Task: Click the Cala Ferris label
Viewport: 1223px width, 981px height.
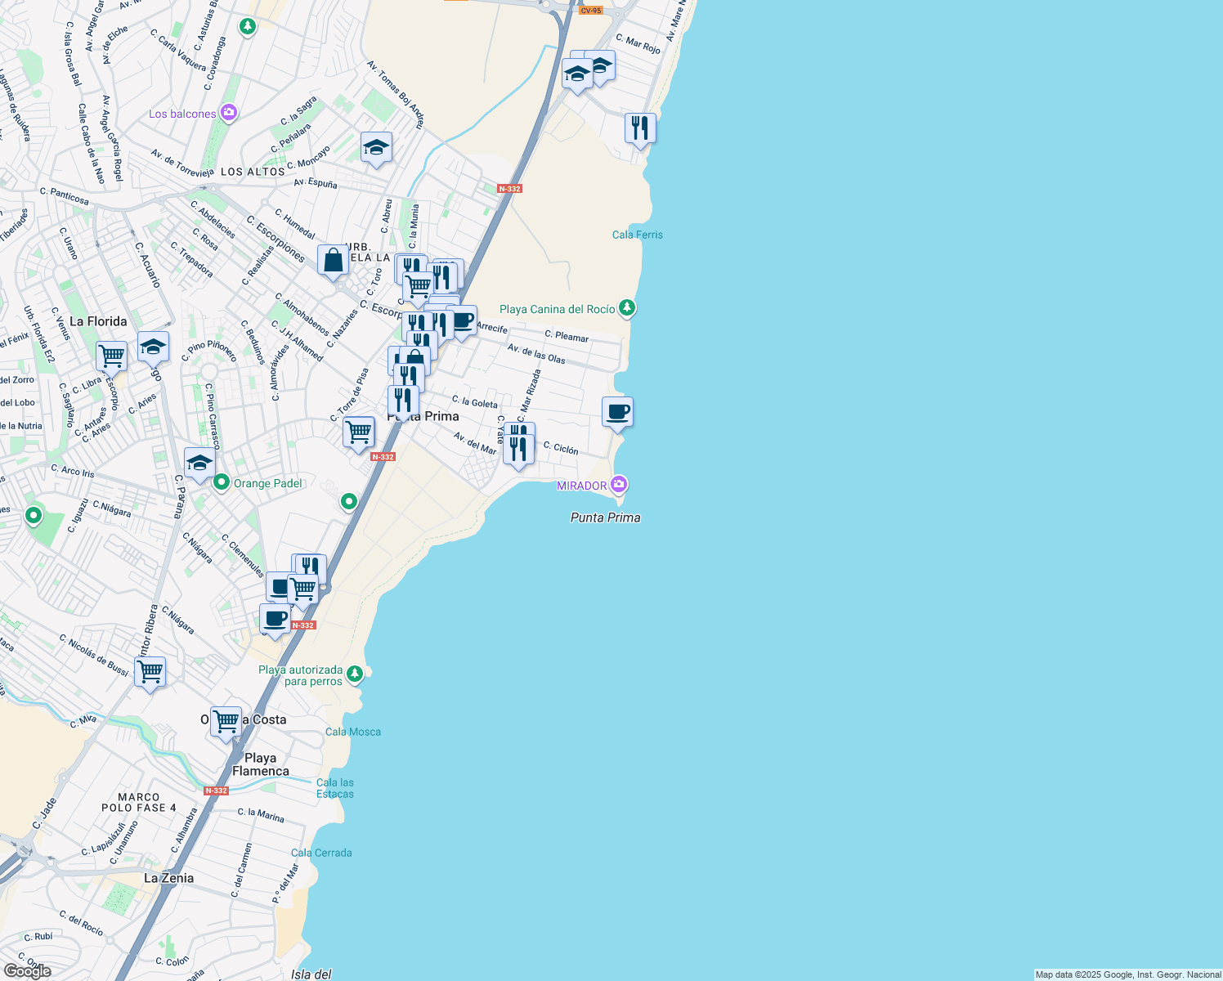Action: click(x=638, y=235)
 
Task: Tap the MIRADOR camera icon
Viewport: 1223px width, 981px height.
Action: click(x=619, y=485)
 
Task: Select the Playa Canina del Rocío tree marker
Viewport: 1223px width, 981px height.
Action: click(x=627, y=308)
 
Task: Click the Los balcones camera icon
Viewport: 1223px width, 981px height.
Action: click(x=229, y=113)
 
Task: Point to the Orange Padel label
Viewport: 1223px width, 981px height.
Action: click(x=267, y=483)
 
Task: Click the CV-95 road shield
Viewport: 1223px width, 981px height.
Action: click(x=590, y=11)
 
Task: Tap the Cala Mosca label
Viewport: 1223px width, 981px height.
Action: click(x=353, y=732)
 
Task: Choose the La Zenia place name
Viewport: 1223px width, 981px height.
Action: click(x=169, y=878)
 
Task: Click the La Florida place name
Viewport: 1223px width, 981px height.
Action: click(x=98, y=321)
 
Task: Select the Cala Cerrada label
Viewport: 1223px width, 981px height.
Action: click(x=321, y=853)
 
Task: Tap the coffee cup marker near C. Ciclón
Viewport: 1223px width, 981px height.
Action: click(x=617, y=412)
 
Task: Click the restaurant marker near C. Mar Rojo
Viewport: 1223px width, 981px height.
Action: click(x=640, y=128)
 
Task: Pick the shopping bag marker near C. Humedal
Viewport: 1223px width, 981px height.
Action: click(x=333, y=261)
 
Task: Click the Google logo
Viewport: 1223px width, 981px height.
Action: click(x=27, y=971)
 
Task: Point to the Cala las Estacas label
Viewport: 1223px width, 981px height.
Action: click(x=335, y=788)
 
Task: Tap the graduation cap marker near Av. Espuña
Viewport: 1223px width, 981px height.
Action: click(x=376, y=148)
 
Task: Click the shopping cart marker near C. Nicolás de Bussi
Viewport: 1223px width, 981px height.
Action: click(x=150, y=673)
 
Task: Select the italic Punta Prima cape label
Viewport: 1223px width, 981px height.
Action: click(x=606, y=517)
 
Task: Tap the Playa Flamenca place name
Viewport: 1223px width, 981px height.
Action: click(x=261, y=764)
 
